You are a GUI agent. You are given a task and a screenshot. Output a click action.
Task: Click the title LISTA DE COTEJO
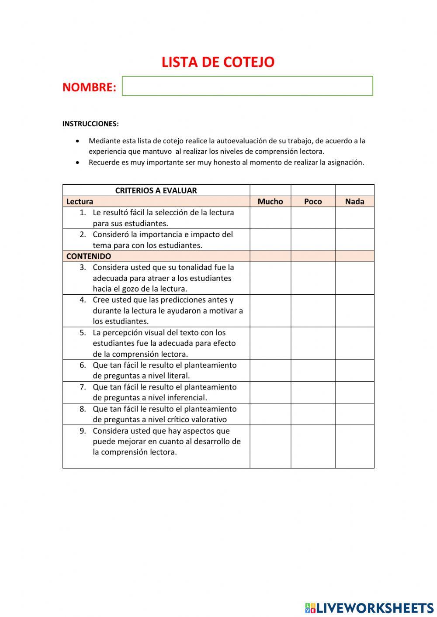coord(218,62)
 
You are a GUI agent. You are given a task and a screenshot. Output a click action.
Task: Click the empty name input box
coord(247,86)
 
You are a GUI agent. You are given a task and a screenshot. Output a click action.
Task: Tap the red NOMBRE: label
coord(89,87)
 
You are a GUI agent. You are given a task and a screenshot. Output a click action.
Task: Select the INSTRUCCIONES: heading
coord(90,124)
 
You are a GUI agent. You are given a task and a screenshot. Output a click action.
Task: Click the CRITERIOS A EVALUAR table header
coord(156,190)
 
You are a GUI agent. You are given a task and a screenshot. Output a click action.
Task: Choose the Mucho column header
coord(270,201)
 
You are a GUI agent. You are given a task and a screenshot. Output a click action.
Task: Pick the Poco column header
coord(313,201)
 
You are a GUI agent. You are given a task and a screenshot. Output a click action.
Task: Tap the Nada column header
coord(354,201)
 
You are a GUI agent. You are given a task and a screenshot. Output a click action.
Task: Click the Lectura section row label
coord(80,201)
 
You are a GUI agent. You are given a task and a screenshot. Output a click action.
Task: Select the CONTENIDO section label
coord(89,256)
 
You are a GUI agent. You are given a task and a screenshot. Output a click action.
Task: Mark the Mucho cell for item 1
coord(270,218)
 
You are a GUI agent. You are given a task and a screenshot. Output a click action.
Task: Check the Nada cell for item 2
coord(354,240)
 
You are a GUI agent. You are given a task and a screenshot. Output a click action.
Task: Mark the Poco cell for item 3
coord(313,278)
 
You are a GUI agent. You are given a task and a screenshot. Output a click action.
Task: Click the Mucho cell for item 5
coord(270,343)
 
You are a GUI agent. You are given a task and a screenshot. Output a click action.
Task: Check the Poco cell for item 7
coord(313,392)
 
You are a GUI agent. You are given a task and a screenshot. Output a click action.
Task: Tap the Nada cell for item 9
coord(354,446)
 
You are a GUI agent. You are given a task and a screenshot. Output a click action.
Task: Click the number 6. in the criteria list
coord(83,365)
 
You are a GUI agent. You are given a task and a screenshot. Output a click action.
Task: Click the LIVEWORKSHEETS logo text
coord(375,608)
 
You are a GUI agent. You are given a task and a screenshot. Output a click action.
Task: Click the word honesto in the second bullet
coord(227,162)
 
